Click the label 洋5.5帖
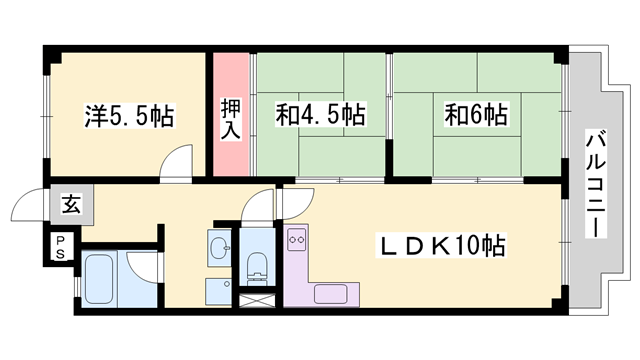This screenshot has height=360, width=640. point(128,116)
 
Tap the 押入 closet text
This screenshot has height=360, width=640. point(230,119)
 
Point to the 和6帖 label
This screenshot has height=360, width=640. point(476,116)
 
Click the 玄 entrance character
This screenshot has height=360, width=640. point(71,207)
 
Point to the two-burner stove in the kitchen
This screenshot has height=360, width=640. point(297,240)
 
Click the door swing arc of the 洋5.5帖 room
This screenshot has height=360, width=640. point(181,160)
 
